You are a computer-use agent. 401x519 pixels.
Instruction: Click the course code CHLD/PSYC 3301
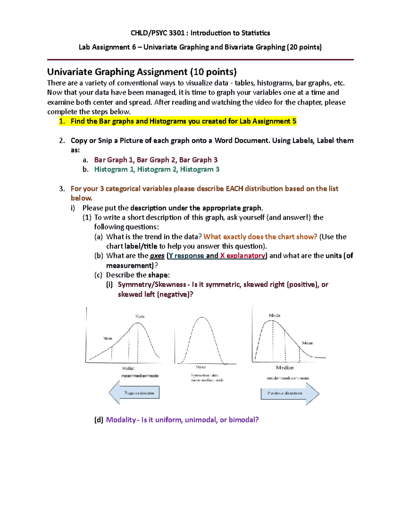point(157,33)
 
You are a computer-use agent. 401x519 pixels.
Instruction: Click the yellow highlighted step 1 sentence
point(183,121)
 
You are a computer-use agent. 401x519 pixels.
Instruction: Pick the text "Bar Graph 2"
point(156,160)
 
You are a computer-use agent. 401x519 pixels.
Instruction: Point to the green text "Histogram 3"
point(199,169)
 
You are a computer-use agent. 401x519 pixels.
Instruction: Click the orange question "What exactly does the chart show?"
point(260,237)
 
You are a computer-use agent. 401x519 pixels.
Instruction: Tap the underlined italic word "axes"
point(157,256)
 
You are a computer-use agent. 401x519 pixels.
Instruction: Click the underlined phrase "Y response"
point(186,256)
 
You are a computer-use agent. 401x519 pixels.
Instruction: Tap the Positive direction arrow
point(289,393)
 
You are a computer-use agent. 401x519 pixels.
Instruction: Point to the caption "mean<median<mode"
point(140,376)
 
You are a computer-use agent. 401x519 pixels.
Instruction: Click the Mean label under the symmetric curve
point(200,367)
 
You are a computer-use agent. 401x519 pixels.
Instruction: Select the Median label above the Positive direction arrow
point(285,368)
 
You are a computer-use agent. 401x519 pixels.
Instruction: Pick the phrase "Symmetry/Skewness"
point(152,285)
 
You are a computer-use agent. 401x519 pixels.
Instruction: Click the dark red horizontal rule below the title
point(200,60)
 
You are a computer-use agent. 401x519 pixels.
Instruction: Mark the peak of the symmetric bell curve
point(202,317)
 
